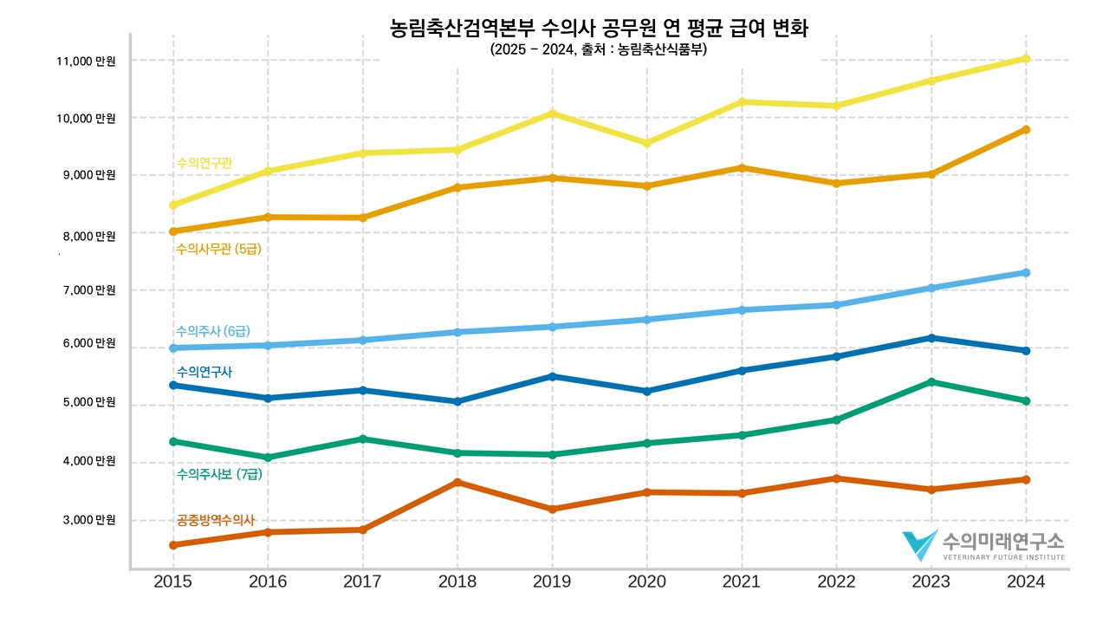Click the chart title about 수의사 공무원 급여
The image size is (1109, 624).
(x=600, y=29)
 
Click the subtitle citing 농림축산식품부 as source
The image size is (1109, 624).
(x=599, y=50)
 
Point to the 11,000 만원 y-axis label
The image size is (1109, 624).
(x=86, y=62)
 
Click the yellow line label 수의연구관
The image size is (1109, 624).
(x=204, y=163)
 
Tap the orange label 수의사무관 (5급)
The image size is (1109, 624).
(x=218, y=250)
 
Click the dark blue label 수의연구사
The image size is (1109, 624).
(x=204, y=372)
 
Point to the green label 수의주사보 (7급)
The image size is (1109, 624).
(x=218, y=474)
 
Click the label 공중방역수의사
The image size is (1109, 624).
(x=215, y=521)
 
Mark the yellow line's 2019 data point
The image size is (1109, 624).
(x=552, y=114)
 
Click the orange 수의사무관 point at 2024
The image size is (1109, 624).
(x=1026, y=130)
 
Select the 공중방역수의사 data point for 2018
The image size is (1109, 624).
(x=457, y=482)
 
